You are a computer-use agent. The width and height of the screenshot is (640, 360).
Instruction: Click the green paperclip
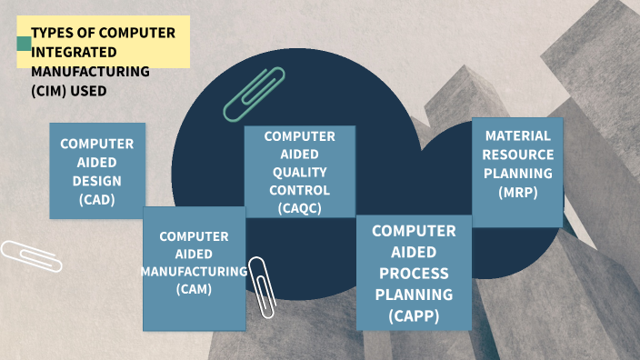click(x=254, y=95)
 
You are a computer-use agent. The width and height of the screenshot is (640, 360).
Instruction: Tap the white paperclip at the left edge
click(x=31, y=256)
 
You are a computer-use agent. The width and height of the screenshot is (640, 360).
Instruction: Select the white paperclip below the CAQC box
click(x=263, y=286)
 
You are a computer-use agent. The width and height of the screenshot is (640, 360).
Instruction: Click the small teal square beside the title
click(x=24, y=43)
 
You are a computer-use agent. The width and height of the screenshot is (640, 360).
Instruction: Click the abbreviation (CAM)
click(x=194, y=289)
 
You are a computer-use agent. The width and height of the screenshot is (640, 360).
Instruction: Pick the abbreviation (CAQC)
click(x=299, y=208)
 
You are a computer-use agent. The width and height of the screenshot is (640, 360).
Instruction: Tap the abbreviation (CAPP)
click(x=414, y=315)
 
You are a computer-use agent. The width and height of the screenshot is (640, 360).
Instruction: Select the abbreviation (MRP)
click(x=518, y=192)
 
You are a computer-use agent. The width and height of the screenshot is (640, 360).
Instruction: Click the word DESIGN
click(x=96, y=181)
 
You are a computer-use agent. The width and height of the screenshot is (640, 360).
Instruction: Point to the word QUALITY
click(x=299, y=172)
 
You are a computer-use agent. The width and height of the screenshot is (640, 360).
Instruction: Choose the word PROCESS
click(x=414, y=273)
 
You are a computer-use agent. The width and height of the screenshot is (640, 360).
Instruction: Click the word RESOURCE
click(x=518, y=155)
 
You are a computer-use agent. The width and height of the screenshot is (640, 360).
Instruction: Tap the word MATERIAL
click(x=518, y=136)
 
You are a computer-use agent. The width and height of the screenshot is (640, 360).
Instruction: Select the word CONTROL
click(x=299, y=190)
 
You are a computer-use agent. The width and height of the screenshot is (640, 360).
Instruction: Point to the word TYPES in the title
click(x=52, y=33)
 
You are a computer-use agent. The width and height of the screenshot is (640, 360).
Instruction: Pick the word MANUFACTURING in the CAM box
click(x=194, y=271)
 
